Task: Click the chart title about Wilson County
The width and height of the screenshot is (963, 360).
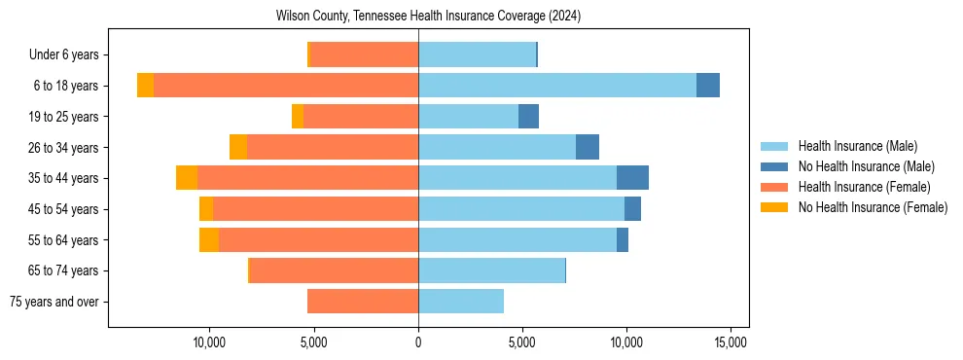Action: tap(428, 17)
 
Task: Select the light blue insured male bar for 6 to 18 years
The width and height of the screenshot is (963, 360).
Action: tap(557, 86)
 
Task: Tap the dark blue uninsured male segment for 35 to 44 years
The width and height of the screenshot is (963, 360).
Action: tap(632, 178)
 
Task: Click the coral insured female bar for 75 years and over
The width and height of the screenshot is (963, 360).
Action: tap(363, 302)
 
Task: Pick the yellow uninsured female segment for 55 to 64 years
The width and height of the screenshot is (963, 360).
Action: tap(209, 240)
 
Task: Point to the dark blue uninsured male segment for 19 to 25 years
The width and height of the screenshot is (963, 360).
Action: tap(528, 117)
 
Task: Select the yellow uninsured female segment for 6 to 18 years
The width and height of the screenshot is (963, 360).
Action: tap(145, 86)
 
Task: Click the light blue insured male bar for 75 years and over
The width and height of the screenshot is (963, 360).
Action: tap(461, 302)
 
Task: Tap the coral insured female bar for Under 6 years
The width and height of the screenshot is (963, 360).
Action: tap(364, 54)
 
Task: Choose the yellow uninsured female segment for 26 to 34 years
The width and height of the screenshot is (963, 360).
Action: tap(238, 147)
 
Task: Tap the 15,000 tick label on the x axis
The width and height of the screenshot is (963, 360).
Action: tap(731, 343)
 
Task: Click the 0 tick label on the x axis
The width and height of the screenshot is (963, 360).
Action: tap(418, 343)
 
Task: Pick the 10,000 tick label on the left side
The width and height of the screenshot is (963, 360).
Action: tap(210, 343)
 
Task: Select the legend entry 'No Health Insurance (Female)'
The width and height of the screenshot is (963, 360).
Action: tap(873, 207)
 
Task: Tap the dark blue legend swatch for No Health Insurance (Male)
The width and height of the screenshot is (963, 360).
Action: tap(774, 166)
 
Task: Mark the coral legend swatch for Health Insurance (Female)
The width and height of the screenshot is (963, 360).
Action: tap(774, 187)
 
